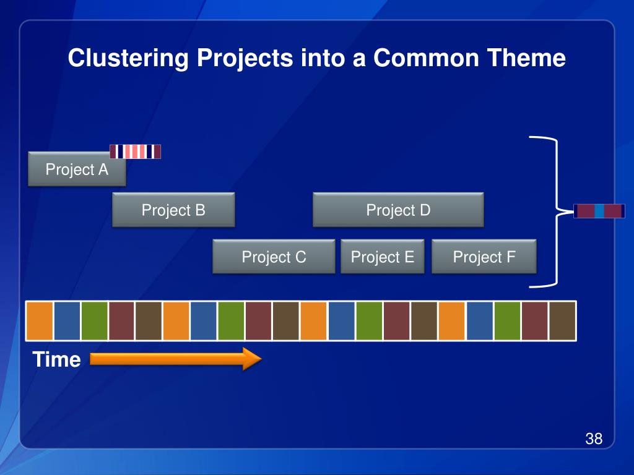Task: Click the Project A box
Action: click(77, 169)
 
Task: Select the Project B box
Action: click(173, 210)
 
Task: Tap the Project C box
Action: click(274, 257)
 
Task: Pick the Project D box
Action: click(398, 210)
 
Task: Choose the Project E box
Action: click(382, 257)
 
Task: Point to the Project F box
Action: click(484, 257)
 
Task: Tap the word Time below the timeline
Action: click(56, 359)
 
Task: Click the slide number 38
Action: click(594, 439)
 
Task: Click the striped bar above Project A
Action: click(135, 152)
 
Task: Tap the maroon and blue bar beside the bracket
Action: click(599, 211)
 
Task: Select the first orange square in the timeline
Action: click(39, 320)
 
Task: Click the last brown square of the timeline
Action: click(562, 320)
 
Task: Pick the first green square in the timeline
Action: click(94, 320)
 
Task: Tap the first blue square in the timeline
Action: click(67, 320)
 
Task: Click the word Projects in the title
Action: click(245, 59)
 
